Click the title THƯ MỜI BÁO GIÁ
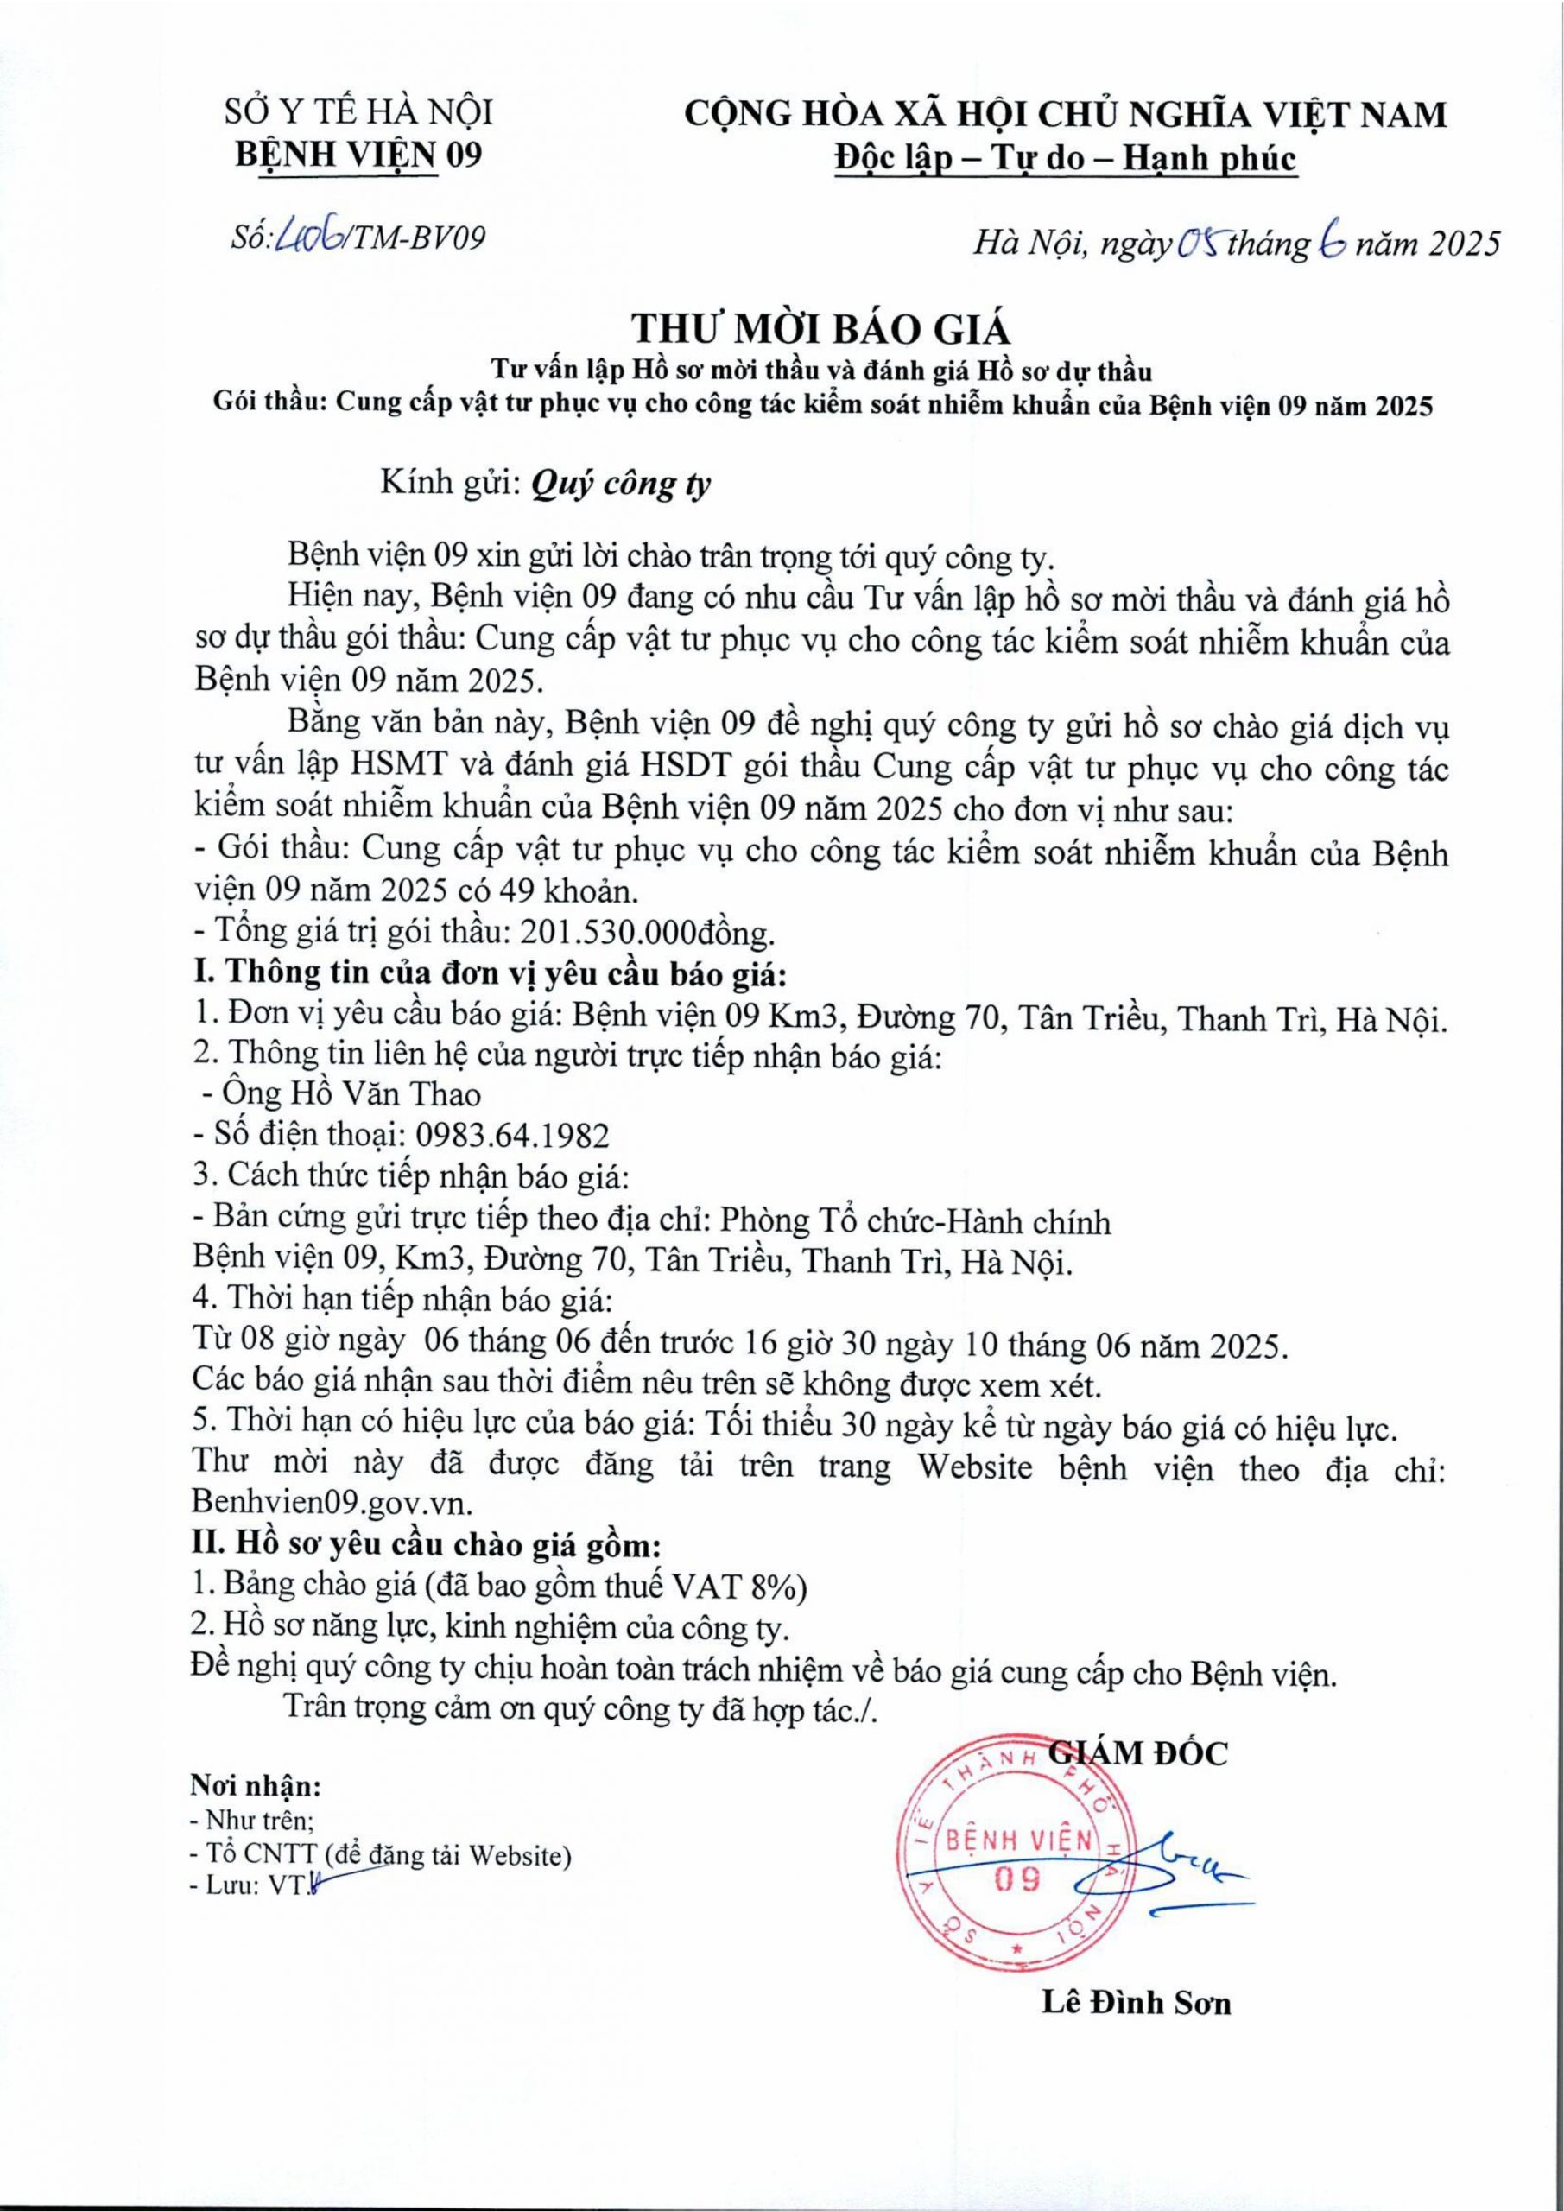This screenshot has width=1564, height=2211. [x=821, y=329]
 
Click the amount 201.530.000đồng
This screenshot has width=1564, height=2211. [x=646, y=932]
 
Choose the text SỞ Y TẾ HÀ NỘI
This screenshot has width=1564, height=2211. [x=358, y=114]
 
